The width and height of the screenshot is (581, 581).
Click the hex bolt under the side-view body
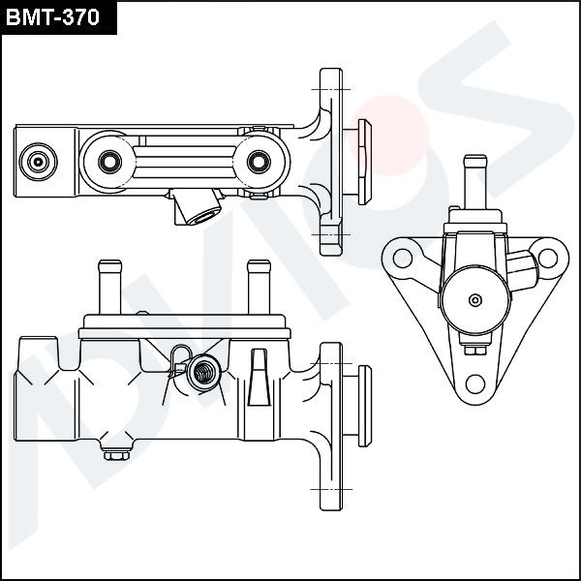click(x=117, y=452)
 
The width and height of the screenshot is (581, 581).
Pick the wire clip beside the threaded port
click(x=177, y=360)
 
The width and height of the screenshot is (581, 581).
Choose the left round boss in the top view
click(x=107, y=160)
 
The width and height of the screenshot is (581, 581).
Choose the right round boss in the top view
click(x=259, y=160)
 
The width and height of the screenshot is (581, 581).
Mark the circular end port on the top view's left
click(x=38, y=161)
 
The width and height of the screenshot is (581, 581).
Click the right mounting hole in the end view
click(x=547, y=259)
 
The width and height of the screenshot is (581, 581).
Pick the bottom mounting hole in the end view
click(x=474, y=380)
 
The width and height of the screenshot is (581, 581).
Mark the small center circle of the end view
click(x=474, y=300)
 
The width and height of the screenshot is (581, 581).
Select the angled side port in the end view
click(x=522, y=262)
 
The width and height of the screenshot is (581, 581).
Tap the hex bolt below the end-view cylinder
click(x=474, y=351)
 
